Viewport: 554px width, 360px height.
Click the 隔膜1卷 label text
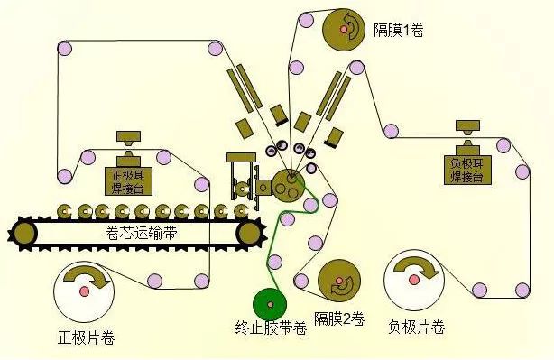click(x=399, y=30)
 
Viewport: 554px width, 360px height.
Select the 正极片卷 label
click(x=86, y=340)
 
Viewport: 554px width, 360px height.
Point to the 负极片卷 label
click(x=417, y=326)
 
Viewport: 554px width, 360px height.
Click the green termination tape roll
click(x=270, y=302)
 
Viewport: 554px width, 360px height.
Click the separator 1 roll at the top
click(x=345, y=30)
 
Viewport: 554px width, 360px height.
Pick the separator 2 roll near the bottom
click(x=339, y=282)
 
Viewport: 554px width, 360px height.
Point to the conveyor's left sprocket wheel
click(x=24, y=232)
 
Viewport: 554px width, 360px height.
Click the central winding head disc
click(x=289, y=184)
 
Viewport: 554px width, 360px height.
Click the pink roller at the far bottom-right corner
click(x=522, y=290)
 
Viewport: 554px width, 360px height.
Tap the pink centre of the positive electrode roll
click(x=84, y=291)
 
